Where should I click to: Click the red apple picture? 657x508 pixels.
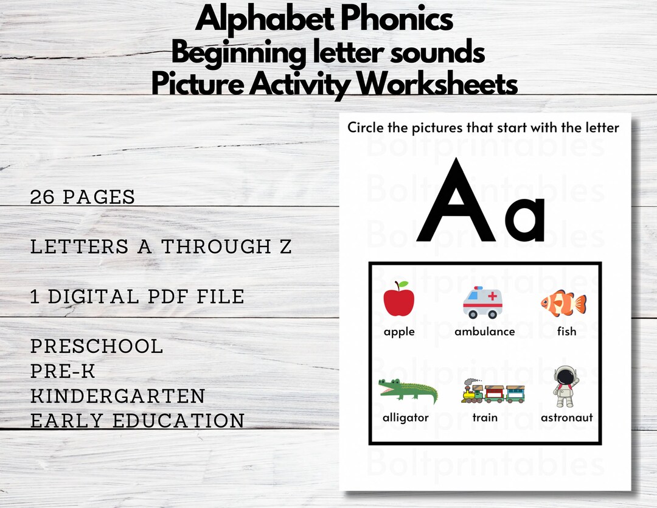coord(399,299)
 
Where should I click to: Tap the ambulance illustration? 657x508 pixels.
coord(484,302)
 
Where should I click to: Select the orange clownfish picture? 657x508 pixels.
coord(564,302)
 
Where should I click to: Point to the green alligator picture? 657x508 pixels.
coord(407,391)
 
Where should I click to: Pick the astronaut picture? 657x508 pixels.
coord(566,386)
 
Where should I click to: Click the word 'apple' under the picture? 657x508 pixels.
coord(399,332)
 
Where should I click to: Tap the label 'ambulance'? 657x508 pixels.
coord(485,332)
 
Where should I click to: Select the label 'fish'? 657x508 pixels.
coord(566,332)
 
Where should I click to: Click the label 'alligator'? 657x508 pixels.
coord(405,417)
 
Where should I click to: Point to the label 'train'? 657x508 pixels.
coord(485,417)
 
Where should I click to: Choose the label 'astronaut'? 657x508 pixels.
coord(566,417)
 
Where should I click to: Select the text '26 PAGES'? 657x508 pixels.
coord(83,197)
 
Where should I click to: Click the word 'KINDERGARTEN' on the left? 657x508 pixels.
coord(118,396)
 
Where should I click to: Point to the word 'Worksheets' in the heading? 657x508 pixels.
coord(437,85)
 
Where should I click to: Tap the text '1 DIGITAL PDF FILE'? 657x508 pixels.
coord(137,297)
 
